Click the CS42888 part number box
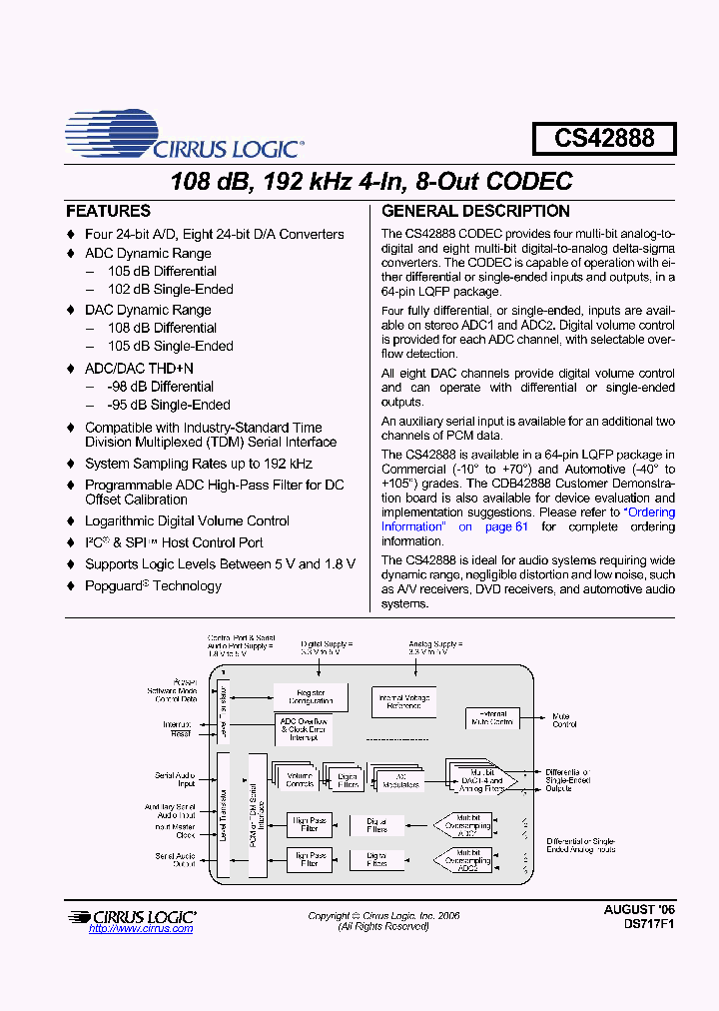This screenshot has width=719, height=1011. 603,138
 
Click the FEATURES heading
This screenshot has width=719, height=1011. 108,212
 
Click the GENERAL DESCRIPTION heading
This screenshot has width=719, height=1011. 475,212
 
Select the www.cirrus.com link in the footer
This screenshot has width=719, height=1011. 141,929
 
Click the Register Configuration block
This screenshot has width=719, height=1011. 311,696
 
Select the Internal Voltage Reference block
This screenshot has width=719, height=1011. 404,701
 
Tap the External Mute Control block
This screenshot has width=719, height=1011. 492,717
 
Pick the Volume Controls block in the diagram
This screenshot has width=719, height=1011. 300,778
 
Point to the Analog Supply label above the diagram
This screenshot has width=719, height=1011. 436,649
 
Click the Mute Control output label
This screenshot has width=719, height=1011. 564,719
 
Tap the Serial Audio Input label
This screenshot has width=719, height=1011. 174,779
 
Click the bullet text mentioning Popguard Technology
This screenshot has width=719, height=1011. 153,586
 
